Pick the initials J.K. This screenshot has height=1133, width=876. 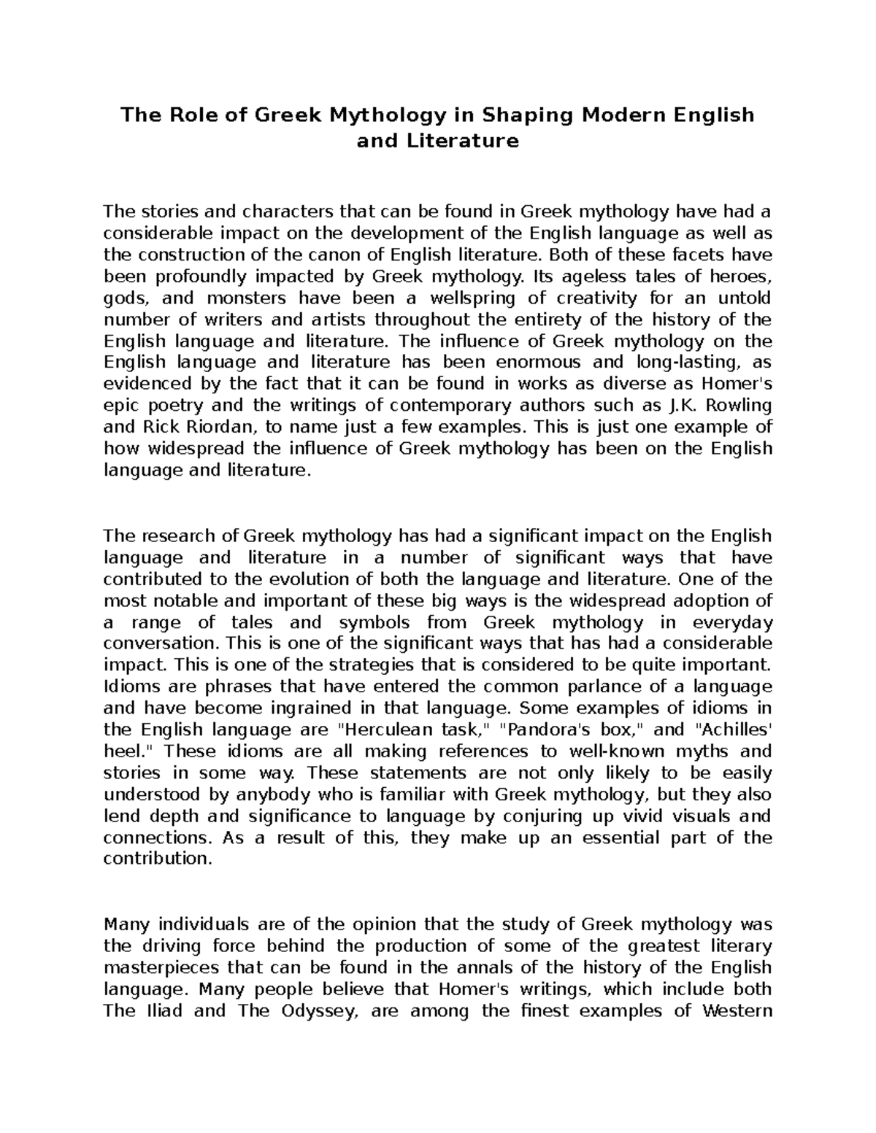tap(677, 405)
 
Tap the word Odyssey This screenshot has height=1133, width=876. tap(319, 1011)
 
